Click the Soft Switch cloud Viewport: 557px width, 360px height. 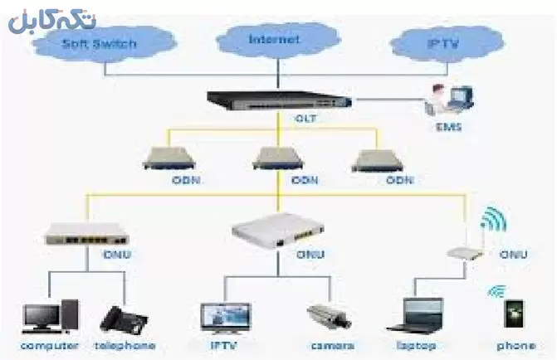99,43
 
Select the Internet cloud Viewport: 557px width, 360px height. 274,38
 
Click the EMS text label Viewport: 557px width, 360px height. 448,128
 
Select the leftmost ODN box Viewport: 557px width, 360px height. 165,158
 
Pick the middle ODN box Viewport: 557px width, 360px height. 276,158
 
